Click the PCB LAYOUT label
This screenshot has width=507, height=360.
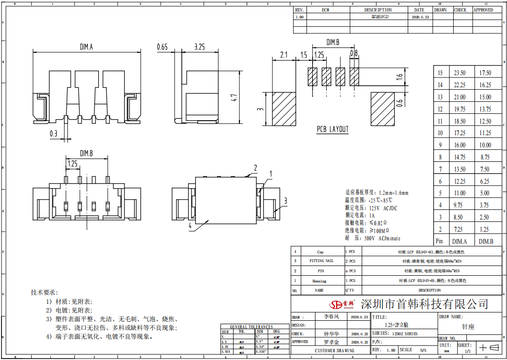pyautogui.click(x=333, y=129)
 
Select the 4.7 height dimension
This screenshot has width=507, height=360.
pyautogui.click(x=234, y=97)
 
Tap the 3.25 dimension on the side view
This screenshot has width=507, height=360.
pyautogui.click(x=199, y=47)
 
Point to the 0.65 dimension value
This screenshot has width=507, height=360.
pyautogui.click(x=162, y=47)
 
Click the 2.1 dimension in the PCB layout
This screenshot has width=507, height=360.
pyautogui.click(x=284, y=55)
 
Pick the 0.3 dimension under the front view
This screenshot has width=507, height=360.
pyautogui.click(x=53, y=134)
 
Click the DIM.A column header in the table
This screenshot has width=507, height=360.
pyautogui.click(x=459, y=241)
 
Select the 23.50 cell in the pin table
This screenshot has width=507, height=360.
pyautogui.click(x=459, y=73)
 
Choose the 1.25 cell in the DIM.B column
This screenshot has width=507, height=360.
pyautogui.click(x=485, y=230)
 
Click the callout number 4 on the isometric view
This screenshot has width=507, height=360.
pyautogui.click(x=190, y=226)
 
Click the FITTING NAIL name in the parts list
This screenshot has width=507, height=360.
pyautogui.click(x=320, y=261)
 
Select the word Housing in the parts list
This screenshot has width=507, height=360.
pyautogui.click(x=319, y=281)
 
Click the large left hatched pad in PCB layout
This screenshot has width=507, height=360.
pyautogui.click(x=283, y=110)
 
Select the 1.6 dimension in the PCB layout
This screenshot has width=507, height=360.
pyautogui.click(x=399, y=76)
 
